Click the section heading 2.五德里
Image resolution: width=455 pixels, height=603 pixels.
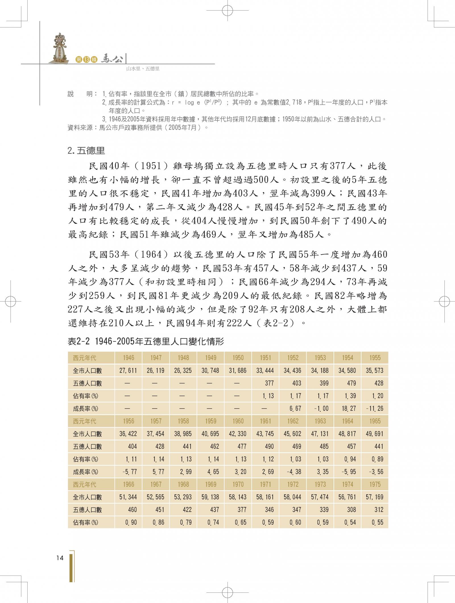(x=86, y=150)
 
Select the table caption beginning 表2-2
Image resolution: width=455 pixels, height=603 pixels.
(x=146, y=341)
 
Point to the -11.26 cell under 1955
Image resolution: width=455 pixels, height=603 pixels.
(x=375, y=409)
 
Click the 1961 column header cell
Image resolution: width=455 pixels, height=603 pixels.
(x=265, y=421)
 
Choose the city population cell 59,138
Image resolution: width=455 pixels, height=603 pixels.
(x=210, y=497)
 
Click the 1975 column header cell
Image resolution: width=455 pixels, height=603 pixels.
(x=375, y=484)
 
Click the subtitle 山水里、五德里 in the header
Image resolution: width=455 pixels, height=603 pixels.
(x=143, y=69)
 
